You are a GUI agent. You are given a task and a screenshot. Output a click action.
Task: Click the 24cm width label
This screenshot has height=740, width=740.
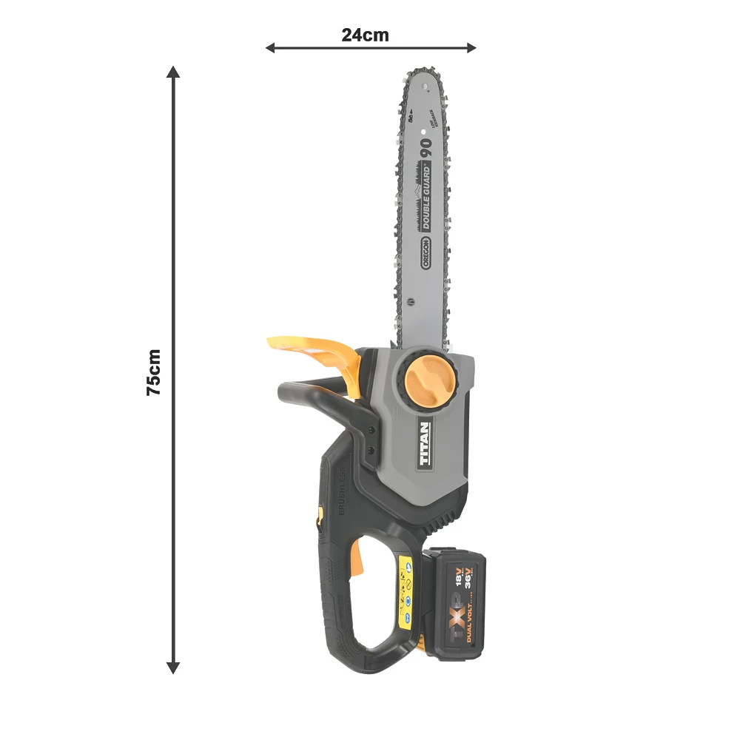[365, 35]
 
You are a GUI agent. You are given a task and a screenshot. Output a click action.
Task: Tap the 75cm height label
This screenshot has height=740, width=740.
[154, 372]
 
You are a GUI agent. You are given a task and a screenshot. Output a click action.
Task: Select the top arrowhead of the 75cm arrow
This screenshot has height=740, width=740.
[173, 72]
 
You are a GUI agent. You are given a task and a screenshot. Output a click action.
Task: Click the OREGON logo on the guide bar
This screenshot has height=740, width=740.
[427, 255]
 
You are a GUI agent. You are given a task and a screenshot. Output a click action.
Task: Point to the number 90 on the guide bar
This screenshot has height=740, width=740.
[426, 147]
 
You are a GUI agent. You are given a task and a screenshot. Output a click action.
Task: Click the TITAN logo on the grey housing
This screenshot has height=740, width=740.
[425, 444]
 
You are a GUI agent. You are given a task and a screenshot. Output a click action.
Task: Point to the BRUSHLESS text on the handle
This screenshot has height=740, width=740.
[343, 492]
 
